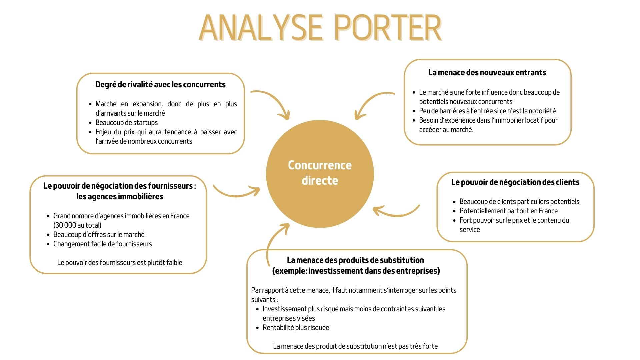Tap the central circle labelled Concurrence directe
click(x=320, y=174)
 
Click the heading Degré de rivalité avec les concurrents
click(x=160, y=84)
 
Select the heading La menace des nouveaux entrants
click(x=487, y=72)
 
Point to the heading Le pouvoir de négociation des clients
click(x=515, y=182)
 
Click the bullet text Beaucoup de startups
click(x=127, y=122)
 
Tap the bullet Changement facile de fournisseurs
click(x=103, y=244)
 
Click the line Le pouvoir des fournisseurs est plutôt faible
click(x=120, y=262)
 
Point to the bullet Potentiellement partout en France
click(x=509, y=211)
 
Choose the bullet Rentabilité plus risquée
click(x=296, y=327)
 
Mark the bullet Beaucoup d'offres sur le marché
click(x=99, y=234)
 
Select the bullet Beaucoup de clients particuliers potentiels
click(x=519, y=201)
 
